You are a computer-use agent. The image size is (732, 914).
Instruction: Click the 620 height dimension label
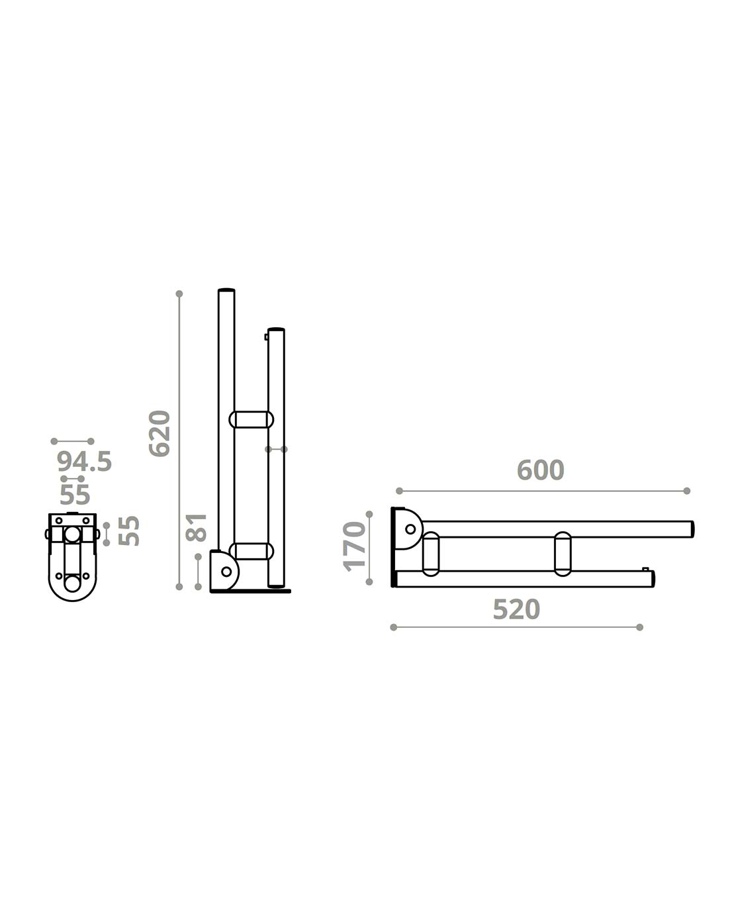(x=160, y=433)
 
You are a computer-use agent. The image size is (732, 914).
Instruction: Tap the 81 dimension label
(x=197, y=527)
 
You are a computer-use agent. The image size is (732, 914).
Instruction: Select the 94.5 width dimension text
(x=84, y=462)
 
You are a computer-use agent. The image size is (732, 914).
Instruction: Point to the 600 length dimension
(x=540, y=470)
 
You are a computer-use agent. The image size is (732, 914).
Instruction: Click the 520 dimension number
(x=516, y=609)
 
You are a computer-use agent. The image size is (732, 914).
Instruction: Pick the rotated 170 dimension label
(x=355, y=545)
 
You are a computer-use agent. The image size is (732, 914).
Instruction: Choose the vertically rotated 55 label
(x=130, y=531)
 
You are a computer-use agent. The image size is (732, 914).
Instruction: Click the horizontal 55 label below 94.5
(x=75, y=494)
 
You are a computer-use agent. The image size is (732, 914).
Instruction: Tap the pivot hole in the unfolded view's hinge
(x=410, y=529)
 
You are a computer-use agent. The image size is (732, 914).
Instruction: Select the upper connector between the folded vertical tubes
(x=251, y=419)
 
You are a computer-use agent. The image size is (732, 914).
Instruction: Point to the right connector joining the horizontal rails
(x=563, y=554)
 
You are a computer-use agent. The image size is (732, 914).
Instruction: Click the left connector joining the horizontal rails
(x=430, y=554)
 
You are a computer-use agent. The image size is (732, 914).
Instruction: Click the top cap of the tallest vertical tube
(x=226, y=290)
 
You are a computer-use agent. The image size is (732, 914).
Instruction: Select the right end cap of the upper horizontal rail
(x=692, y=529)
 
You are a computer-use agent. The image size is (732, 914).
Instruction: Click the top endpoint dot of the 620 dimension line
(x=179, y=293)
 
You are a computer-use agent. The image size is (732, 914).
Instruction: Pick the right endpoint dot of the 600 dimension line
(x=686, y=491)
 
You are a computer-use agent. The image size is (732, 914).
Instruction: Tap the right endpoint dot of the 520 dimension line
(x=639, y=627)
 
